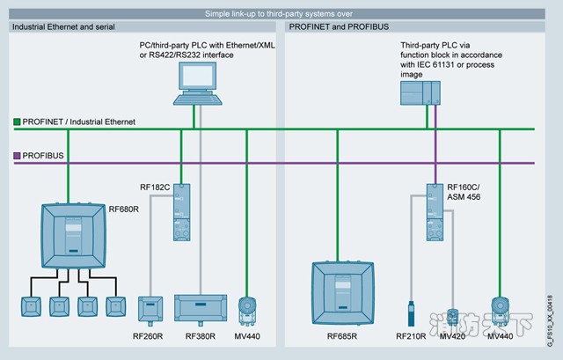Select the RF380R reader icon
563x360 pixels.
pos(201,308)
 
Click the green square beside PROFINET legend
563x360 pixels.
pos(17,121)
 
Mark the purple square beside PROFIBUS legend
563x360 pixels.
pos(17,156)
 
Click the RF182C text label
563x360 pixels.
pos(155,187)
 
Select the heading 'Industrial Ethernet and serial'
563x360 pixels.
pos(60,27)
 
